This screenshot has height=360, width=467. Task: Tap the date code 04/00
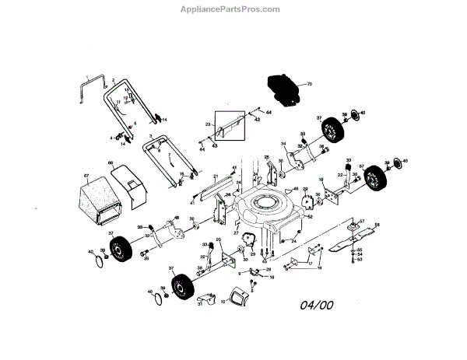(317, 304)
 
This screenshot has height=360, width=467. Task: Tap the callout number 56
(377, 225)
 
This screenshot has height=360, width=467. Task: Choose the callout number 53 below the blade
(360, 260)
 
